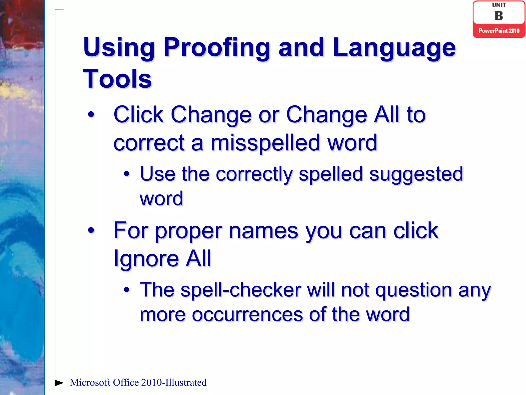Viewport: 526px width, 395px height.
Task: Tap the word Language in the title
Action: [394, 48]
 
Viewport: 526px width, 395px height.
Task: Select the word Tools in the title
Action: [117, 79]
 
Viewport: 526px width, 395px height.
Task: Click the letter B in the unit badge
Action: [499, 16]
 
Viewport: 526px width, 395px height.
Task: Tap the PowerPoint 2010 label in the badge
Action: [499, 31]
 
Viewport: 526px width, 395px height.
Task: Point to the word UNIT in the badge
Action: [499, 5]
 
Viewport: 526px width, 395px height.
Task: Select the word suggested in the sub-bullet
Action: [416, 174]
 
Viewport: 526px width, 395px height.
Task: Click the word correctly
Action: [254, 174]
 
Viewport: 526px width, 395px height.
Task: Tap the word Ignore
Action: [146, 258]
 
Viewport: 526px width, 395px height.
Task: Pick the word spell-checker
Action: [241, 290]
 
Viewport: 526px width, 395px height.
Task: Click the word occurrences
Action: [247, 315]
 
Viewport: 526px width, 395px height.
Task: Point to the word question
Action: [414, 290]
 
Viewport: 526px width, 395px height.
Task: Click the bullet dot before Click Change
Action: [91, 114]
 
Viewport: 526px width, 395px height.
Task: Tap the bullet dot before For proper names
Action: [91, 230]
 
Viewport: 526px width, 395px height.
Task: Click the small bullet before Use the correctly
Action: [126, 174]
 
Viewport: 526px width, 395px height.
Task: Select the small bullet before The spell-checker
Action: [126, 290]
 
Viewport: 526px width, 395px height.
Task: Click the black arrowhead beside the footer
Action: [59, 383]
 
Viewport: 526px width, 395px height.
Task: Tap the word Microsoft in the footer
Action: [90, 383]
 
